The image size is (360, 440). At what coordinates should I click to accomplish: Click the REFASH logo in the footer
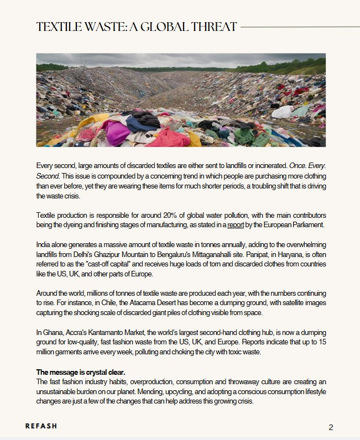tap(41, 426)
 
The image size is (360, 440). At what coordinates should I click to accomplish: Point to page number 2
tap(331, 427)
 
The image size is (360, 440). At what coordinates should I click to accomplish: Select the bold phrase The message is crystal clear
tap(81, 372)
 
